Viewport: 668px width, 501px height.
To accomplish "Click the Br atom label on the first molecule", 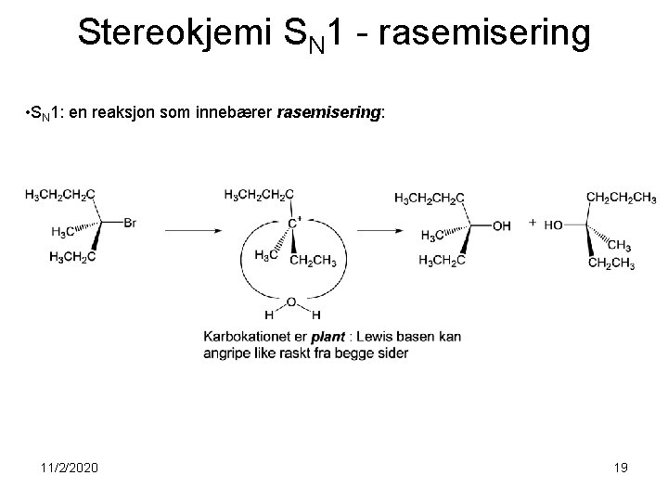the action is (129, 223).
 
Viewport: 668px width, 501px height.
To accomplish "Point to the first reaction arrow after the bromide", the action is (192, 229).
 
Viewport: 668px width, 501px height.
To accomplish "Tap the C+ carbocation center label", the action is (293, 223).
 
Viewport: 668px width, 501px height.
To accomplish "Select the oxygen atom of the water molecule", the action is (291, 302).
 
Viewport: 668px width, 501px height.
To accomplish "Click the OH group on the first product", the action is (501, 225).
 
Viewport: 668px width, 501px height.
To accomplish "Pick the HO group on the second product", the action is (554, 225).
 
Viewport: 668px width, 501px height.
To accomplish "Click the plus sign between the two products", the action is (532, 223).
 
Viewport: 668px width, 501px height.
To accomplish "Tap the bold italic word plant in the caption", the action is (328, 337).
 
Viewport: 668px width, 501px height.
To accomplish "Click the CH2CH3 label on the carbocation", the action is (313, 260).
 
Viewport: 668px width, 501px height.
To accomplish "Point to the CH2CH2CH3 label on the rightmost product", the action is (621, 197).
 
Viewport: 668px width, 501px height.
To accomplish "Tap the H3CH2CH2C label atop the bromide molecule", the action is (59, 195).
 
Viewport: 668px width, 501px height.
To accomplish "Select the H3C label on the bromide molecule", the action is (63, 232).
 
